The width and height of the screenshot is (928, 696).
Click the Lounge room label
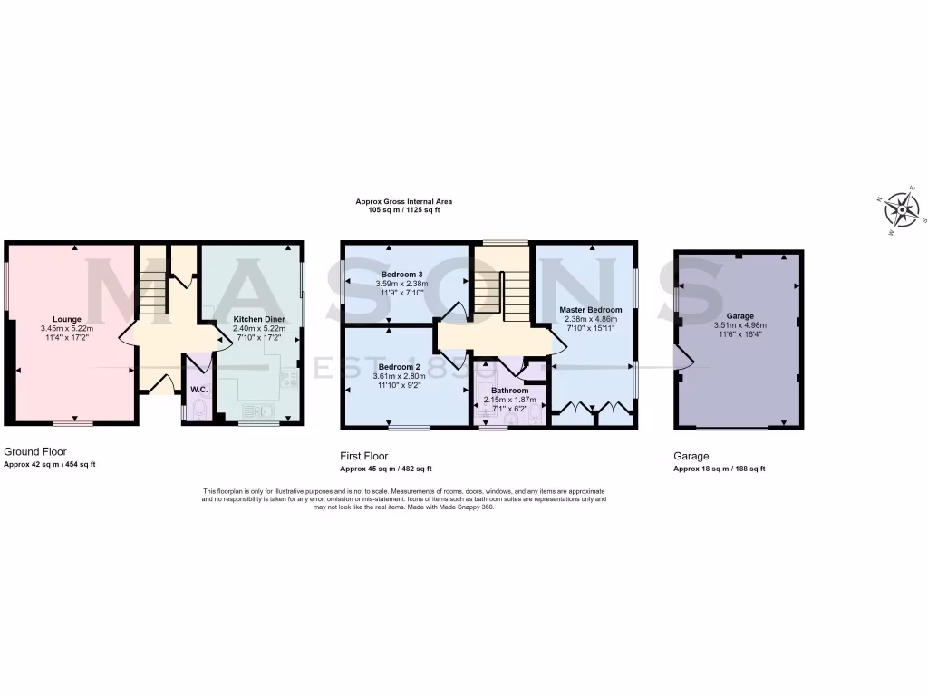pos(67,319)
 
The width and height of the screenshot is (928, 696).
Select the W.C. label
pos(199,390)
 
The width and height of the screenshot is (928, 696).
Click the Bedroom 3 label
pos(401,274)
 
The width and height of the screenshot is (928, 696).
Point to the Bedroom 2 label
pos(400,366)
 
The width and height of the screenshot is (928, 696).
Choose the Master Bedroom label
pos(590,309)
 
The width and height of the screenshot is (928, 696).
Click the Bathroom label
pos(509,391)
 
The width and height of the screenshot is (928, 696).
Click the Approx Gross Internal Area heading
pos(403,201)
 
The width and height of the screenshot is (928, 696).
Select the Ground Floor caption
pos(35,450)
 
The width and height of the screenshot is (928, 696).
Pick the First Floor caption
pos(364,456)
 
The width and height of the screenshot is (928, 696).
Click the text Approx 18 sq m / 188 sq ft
pos(719,469)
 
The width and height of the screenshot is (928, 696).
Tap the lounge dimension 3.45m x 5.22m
pos(67,328)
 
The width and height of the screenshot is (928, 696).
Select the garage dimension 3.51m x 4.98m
pos(739,325)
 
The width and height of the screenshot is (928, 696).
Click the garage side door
pos(685,362)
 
